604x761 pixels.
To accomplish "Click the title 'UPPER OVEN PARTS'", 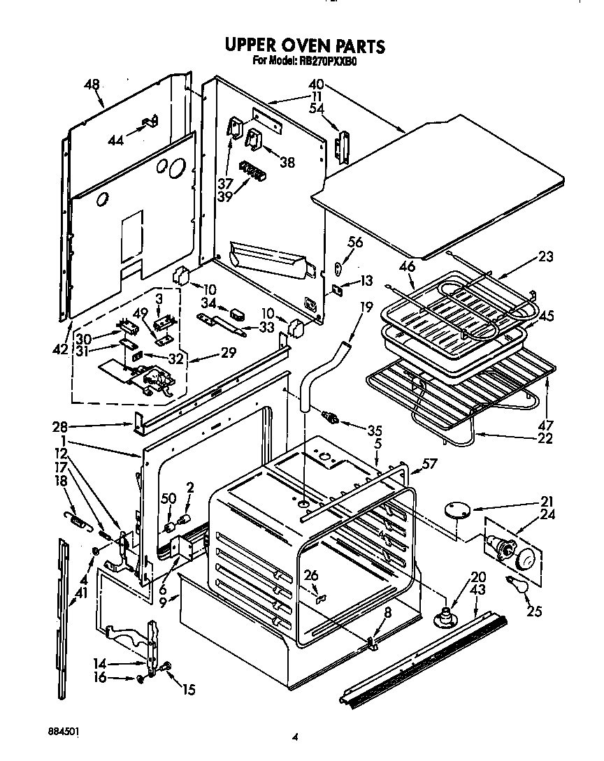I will click(304, 45).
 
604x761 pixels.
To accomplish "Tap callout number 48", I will click(92, 85).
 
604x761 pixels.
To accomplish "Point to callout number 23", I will click(545, 257).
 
